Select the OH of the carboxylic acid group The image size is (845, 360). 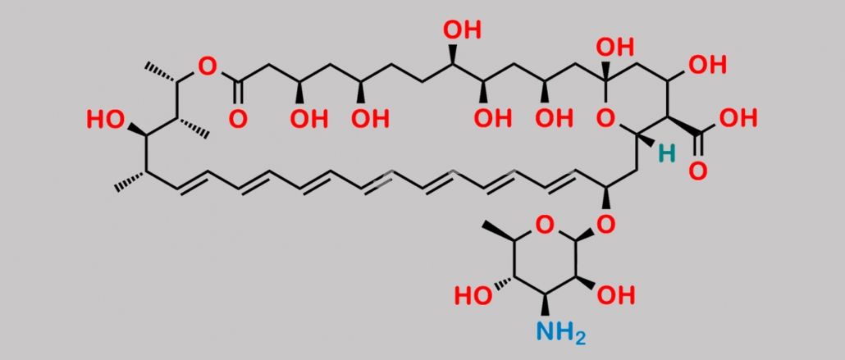pos(738,118)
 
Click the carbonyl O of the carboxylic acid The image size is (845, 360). pos(697,171)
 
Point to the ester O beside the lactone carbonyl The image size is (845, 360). pos(207,66)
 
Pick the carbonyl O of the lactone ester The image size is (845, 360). pos(238,119)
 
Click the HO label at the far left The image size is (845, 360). pos(105,120)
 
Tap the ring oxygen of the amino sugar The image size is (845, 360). pos(545,226)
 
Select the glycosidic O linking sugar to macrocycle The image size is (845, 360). pos(606,225)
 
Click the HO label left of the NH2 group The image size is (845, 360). pos(473,295)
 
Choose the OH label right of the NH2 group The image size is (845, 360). pos(616,294)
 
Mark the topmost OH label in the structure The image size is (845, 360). pos(462,30)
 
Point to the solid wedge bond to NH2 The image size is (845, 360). pos(546,304)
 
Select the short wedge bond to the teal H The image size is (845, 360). pos(646,140)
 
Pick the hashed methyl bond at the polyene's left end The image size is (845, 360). pos(130,180)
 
